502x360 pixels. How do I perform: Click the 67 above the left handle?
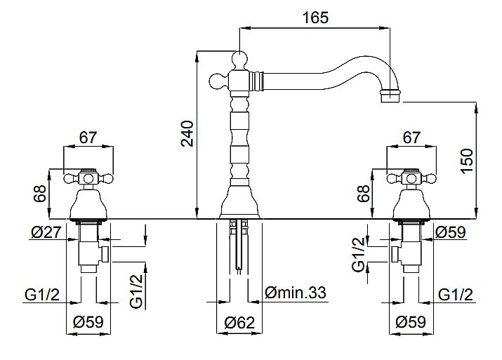click(88, 137)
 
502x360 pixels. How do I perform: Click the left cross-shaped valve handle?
click(88, 178)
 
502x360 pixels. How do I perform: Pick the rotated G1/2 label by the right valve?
click(358, 255)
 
